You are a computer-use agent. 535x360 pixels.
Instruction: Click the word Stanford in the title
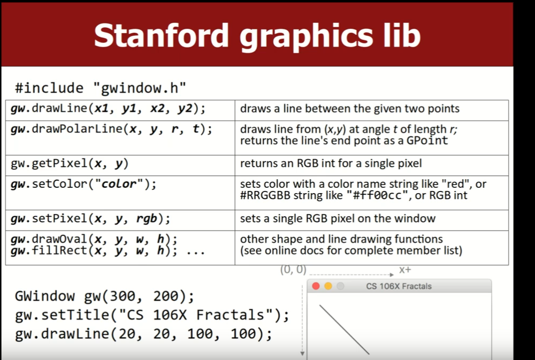pyautogui.click(x=161, y=35)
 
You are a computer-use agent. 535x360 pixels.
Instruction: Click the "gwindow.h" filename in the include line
pyautogui.click(x=140, y=88)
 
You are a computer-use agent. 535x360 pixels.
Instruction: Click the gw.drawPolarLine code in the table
pyautogui.click(x=111, y=129)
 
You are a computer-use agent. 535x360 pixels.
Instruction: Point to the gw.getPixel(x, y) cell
pyautogui.click(x=120, y=165)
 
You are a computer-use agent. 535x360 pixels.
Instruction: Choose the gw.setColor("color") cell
pyautogui.click(x=120, y=193)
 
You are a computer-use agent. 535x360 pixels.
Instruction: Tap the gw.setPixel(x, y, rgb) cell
pyautogui.click(x=120, y=220)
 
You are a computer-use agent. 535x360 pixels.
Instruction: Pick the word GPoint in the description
pyautogui.click(x=427, y=140)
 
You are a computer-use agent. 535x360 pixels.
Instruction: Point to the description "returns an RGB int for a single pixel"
pyautogui.click(x=331, y=163)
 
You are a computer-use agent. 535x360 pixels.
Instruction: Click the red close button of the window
pyautogui.click(x=316, y=286)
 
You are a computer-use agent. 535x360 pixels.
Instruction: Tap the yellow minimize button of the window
pyautogui.click(x=328, y=286)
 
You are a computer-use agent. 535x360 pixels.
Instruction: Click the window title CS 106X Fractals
pyautogui.click(x=399, y=286)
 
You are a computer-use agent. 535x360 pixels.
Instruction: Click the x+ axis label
pyautogui.click(x=405, y=270)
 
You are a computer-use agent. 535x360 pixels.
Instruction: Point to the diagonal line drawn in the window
pyautogui.click(x=344, y=330)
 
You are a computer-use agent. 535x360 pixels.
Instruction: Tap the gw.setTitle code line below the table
pyautogui.click(x=152, y=315)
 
